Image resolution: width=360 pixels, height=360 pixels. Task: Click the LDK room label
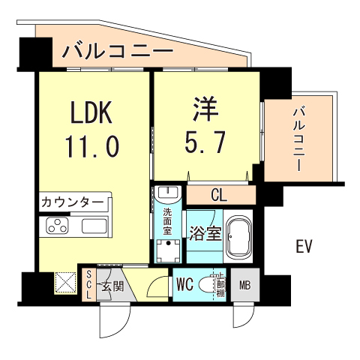(91, 113)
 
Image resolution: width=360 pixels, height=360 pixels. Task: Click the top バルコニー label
(118, 52)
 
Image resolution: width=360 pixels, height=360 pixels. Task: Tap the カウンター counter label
(73, 202)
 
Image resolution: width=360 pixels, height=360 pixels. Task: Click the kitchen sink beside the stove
(95, 226)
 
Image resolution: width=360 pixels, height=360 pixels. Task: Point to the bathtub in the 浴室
(241, 234)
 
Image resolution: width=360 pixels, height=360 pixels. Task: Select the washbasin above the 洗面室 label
(169, 194)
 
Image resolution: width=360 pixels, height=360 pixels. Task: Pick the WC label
(187, 285)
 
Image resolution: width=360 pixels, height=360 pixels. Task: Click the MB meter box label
(244, 285)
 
